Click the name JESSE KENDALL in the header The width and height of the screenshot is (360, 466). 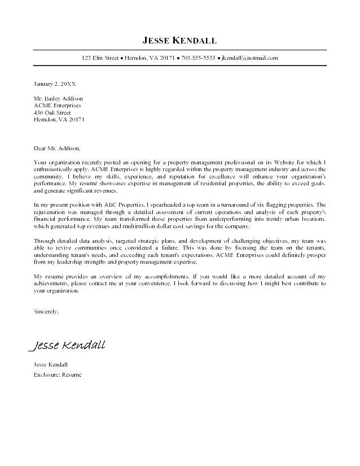tap(179, 40)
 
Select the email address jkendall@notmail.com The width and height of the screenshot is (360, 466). tap(249, 58)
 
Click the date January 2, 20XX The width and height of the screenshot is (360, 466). tap(55, 83)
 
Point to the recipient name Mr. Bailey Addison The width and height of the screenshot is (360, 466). tap(58, 98)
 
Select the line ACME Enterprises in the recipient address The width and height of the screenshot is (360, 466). tap(58, 105)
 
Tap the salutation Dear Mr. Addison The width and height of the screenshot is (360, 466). tap(57, 149)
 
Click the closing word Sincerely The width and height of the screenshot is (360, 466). tap(46, 311)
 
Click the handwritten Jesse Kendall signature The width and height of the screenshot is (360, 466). tap(68, 345)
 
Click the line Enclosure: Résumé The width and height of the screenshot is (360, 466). tap(58, 374)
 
